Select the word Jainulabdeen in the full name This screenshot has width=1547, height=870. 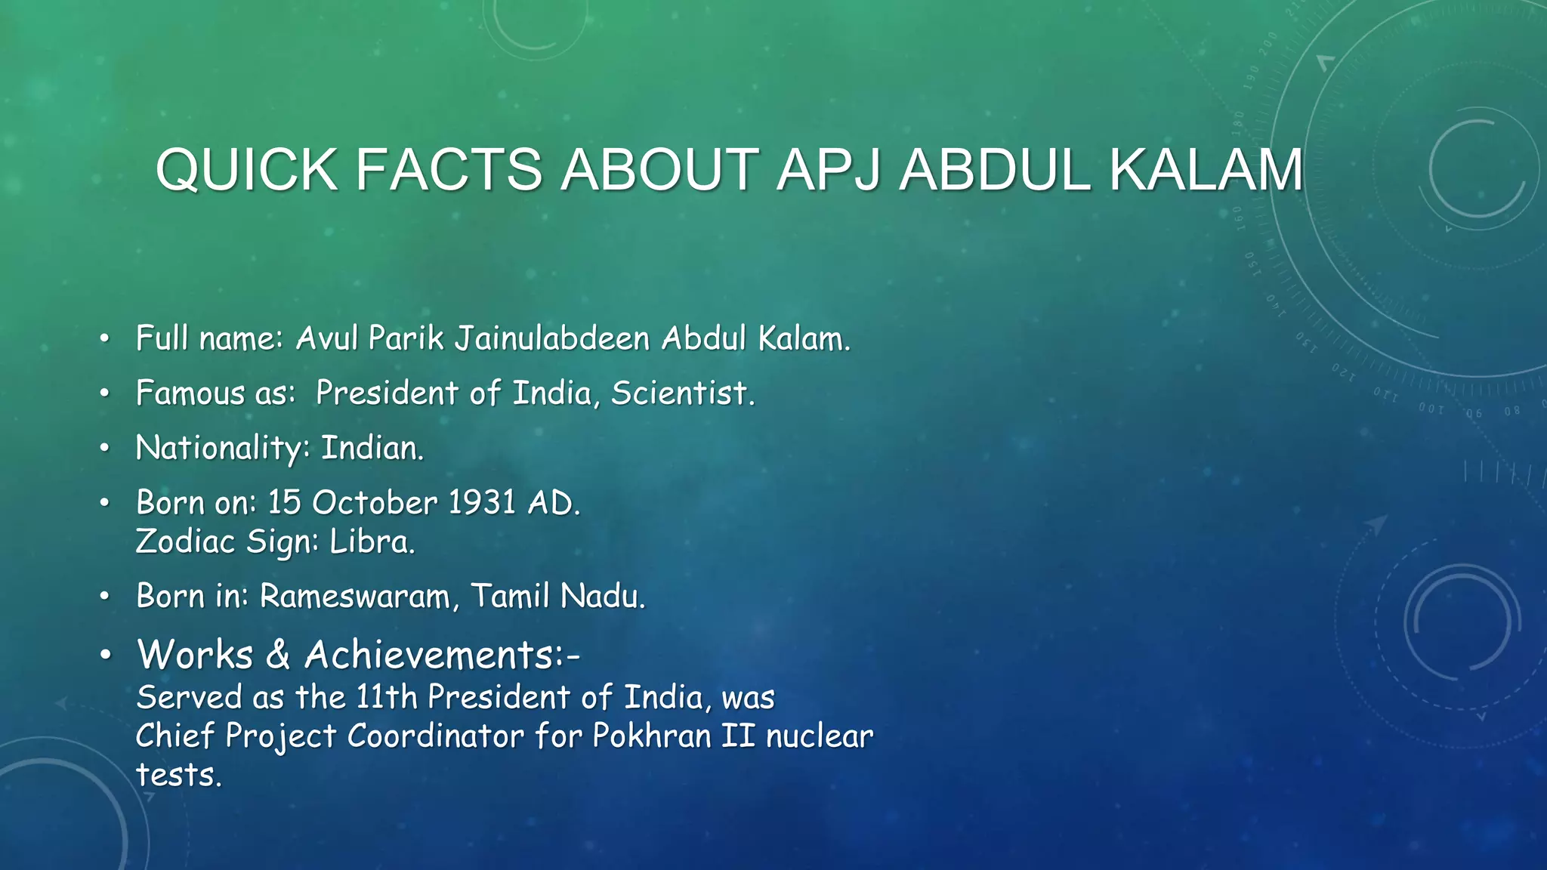click(552, 338)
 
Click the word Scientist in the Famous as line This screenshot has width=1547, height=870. click(682, 393)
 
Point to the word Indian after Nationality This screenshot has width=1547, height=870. click(372, 449)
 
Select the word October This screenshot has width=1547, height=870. click(375, 503)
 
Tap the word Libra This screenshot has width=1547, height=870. click(372, 541)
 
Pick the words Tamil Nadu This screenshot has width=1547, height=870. click(558, 597)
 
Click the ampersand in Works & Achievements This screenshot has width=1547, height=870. click(278, 655)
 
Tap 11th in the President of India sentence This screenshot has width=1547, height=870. click(386, 697)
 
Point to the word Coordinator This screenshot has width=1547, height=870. click(435, 736)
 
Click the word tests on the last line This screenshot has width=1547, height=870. click(178, 776)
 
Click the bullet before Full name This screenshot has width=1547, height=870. click(105, 339)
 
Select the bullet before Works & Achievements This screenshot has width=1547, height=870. click(105, 656)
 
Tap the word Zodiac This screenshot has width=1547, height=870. click(185, 541)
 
